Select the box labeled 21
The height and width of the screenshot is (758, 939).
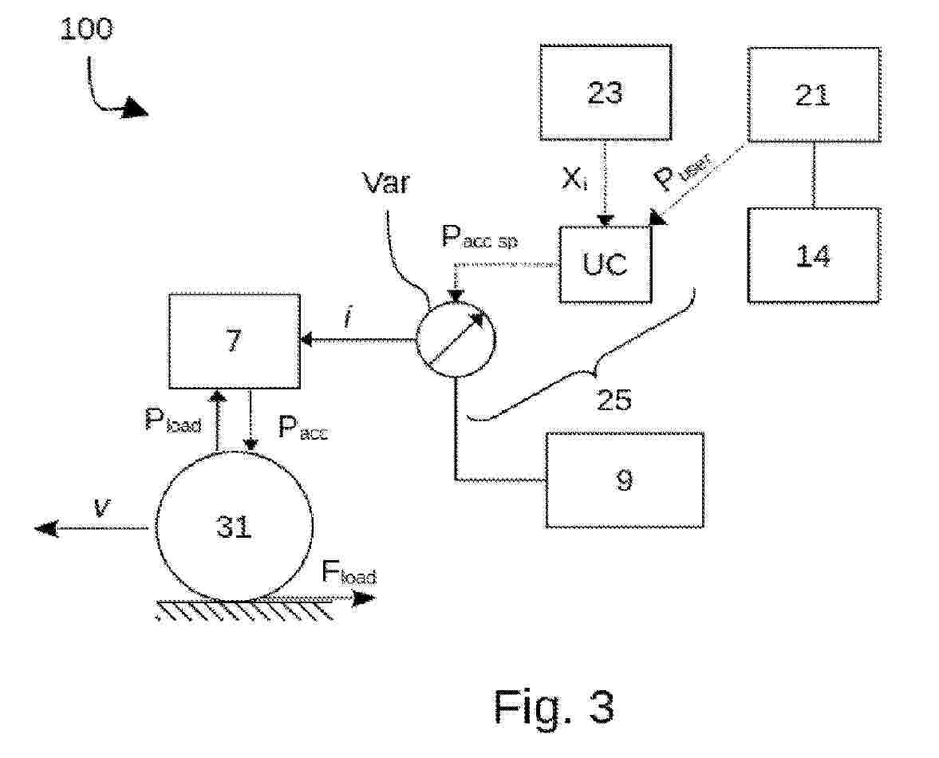click(813, 95)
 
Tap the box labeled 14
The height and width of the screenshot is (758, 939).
click(813, 255)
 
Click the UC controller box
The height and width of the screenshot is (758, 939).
click(605, 264)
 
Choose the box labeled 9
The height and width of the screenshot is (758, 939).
click(625, 480)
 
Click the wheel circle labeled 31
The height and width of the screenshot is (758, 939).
click(234, 526)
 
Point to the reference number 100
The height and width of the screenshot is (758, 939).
click(87, 30)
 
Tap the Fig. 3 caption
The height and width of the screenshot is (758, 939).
click(554, 705)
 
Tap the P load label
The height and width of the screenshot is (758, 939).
click(172, 420)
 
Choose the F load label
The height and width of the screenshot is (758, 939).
click(348, 572)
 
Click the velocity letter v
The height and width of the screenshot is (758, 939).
click(100, 508)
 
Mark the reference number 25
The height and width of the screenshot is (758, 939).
click(614, 400)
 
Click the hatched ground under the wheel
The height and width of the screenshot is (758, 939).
click(245, 612)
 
